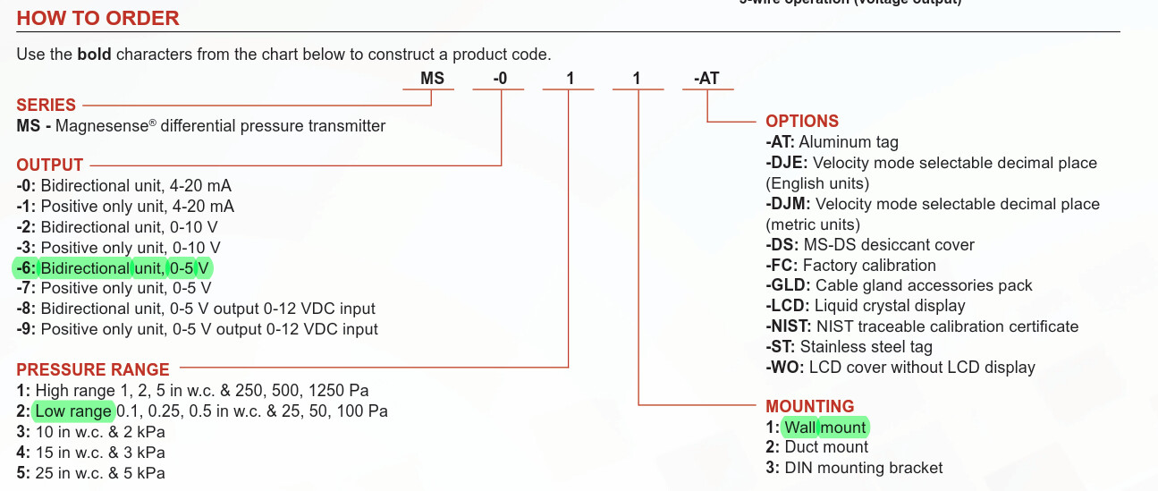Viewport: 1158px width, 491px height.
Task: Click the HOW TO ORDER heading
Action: (x=97, y=18)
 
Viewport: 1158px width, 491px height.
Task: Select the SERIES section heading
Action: (x=46, y=105)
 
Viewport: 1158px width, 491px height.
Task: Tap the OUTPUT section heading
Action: (x=50, y=165)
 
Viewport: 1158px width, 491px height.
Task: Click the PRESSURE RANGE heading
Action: (x=93, y=369)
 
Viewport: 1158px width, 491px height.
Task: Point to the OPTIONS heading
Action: (x=802, y=121)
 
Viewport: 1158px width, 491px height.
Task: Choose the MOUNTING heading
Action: (x=810, y=406)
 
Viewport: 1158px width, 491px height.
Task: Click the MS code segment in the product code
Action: (x=432, y=79)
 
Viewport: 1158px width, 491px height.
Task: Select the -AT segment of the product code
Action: (x=706, y=79)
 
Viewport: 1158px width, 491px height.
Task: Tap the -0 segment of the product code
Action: (x=500, y=79)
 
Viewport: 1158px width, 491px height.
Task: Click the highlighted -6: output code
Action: (x=26, y=268)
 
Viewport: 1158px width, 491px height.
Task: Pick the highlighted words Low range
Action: (x=73, y=411)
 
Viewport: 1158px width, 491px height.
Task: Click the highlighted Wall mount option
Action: (x=824, y=427)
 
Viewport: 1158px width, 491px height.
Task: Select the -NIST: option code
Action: (x=789, y=326)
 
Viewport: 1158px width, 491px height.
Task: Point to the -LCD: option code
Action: (x=787, y=306)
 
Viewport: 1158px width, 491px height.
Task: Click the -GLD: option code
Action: (x=788, y=285)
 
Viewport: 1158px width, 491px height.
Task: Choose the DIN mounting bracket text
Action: (x=863, y=468)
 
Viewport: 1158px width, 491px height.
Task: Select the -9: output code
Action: (x=26, y=329)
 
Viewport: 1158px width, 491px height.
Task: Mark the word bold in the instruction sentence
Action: (x=94, y=55)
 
